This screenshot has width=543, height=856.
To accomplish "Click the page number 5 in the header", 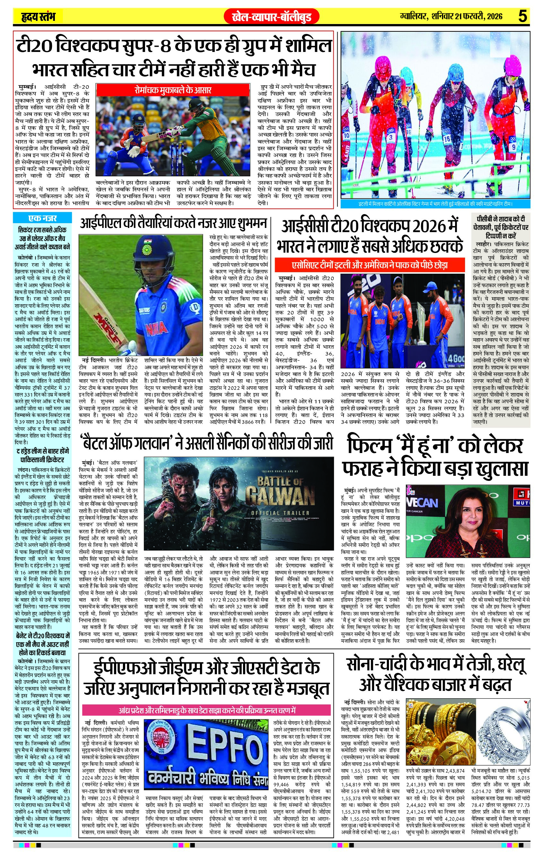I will (x=523, y=16).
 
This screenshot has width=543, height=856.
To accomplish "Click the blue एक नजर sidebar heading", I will (x=42, y=218).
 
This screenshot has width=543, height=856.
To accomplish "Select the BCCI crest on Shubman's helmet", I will (x=147, y=249).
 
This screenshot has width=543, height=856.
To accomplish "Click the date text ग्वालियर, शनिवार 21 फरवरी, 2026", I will (x=451, y=16).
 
